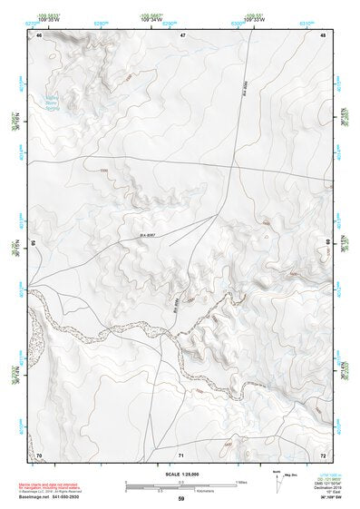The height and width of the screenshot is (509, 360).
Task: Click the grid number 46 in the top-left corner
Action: (x=40, y=34)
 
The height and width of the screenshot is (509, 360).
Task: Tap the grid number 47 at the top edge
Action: (x=182, y=34)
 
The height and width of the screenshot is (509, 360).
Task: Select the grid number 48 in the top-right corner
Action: (x=323, y=34)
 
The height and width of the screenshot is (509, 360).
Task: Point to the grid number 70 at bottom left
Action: (x=40, y=453)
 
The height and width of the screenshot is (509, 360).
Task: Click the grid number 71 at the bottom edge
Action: (x=181, y=453)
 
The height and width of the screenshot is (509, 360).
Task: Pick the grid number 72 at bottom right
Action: (x=323, y=453)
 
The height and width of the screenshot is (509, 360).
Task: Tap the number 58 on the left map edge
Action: (x=34, y=243)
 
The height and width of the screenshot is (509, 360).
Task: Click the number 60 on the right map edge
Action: (x=328, y=243)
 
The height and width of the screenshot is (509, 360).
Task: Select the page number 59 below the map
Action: (x=181, y=498)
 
